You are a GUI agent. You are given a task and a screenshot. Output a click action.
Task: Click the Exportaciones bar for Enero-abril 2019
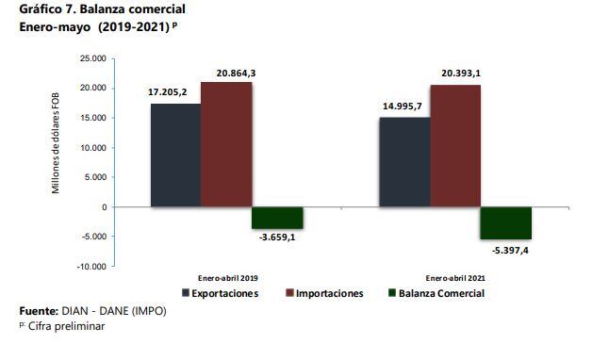[175, 155]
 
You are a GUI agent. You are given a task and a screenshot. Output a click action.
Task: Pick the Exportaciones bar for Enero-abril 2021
[404, 161]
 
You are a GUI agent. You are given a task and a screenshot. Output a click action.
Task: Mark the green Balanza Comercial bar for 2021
[506, 222]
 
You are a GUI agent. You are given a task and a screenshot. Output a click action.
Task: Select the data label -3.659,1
[278, 238]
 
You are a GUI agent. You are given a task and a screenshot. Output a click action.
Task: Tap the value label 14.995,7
[403, 106]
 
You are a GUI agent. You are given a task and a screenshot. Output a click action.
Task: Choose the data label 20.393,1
[455, 74]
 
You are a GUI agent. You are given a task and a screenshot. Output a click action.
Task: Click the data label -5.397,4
[506, 249]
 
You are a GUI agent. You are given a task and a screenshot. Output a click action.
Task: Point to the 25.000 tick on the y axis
[92, 58]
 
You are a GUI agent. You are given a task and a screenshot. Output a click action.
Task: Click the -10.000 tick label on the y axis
[90, 267]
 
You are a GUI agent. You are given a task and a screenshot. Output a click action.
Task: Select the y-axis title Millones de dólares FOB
[56, 149]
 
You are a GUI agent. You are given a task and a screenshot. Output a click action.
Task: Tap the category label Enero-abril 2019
[228, 279]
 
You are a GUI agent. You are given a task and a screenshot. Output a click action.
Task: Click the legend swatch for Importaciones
[288, 294]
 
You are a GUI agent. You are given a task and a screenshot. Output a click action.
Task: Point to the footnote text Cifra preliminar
[66, 326]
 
